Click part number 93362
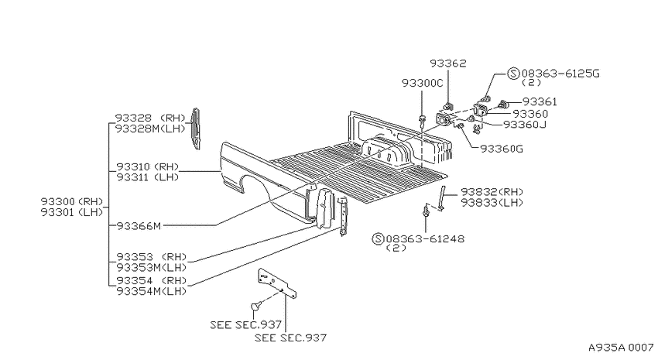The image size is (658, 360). (447, 63)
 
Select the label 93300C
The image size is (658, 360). (422, 83)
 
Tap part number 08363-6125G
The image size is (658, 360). (560, 74)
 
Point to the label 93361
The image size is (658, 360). (540, 102)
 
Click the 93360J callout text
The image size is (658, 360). (525, 125)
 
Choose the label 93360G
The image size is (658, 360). (502, 149)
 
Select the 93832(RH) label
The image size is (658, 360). (492, 192)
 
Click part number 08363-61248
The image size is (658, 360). (425, 239)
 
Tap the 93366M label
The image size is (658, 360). (139, 226)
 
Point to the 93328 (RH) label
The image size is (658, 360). (150, 118)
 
